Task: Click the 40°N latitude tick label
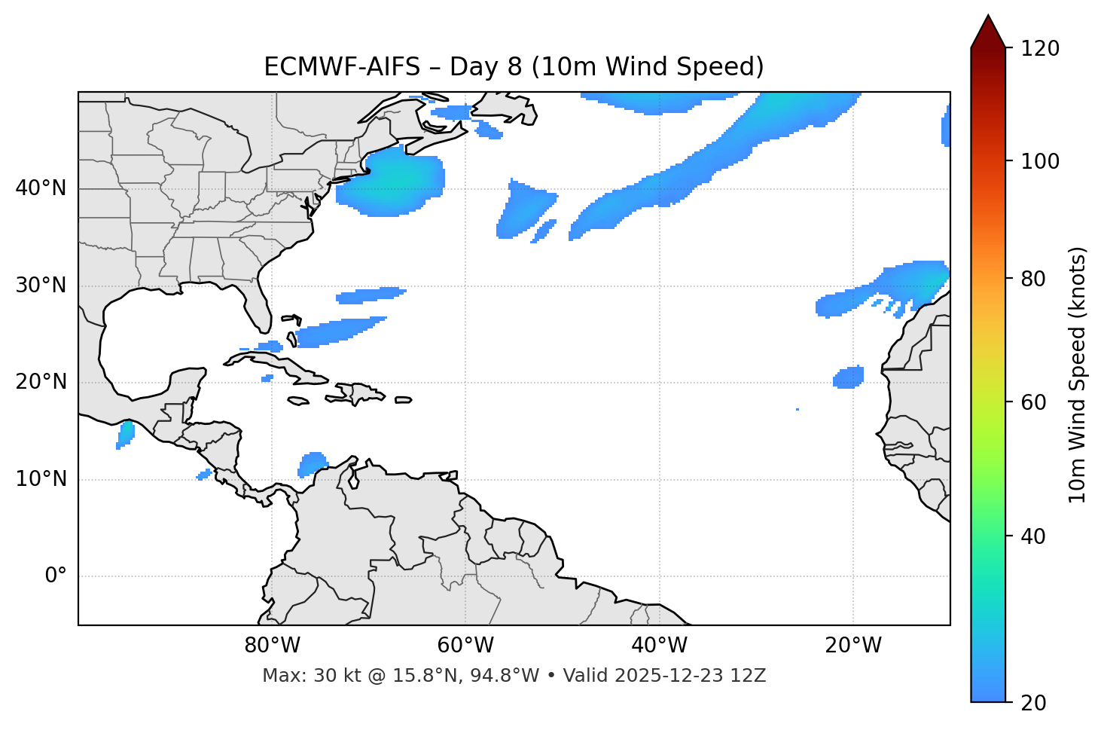[x=41, y=188]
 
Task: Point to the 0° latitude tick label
[x=56, y=576]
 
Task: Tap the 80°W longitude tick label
[x=272, y=646]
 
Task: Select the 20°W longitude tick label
[x=853, y=646]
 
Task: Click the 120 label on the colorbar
[x=1040, y=49]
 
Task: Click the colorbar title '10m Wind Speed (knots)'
[x=1078, y=374]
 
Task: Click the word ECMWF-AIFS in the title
[x=342, y=67]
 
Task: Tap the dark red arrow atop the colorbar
[x=988, y=32]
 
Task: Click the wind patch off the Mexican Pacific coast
[x=125, y=435]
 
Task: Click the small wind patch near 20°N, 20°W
[x=849, y=377]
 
